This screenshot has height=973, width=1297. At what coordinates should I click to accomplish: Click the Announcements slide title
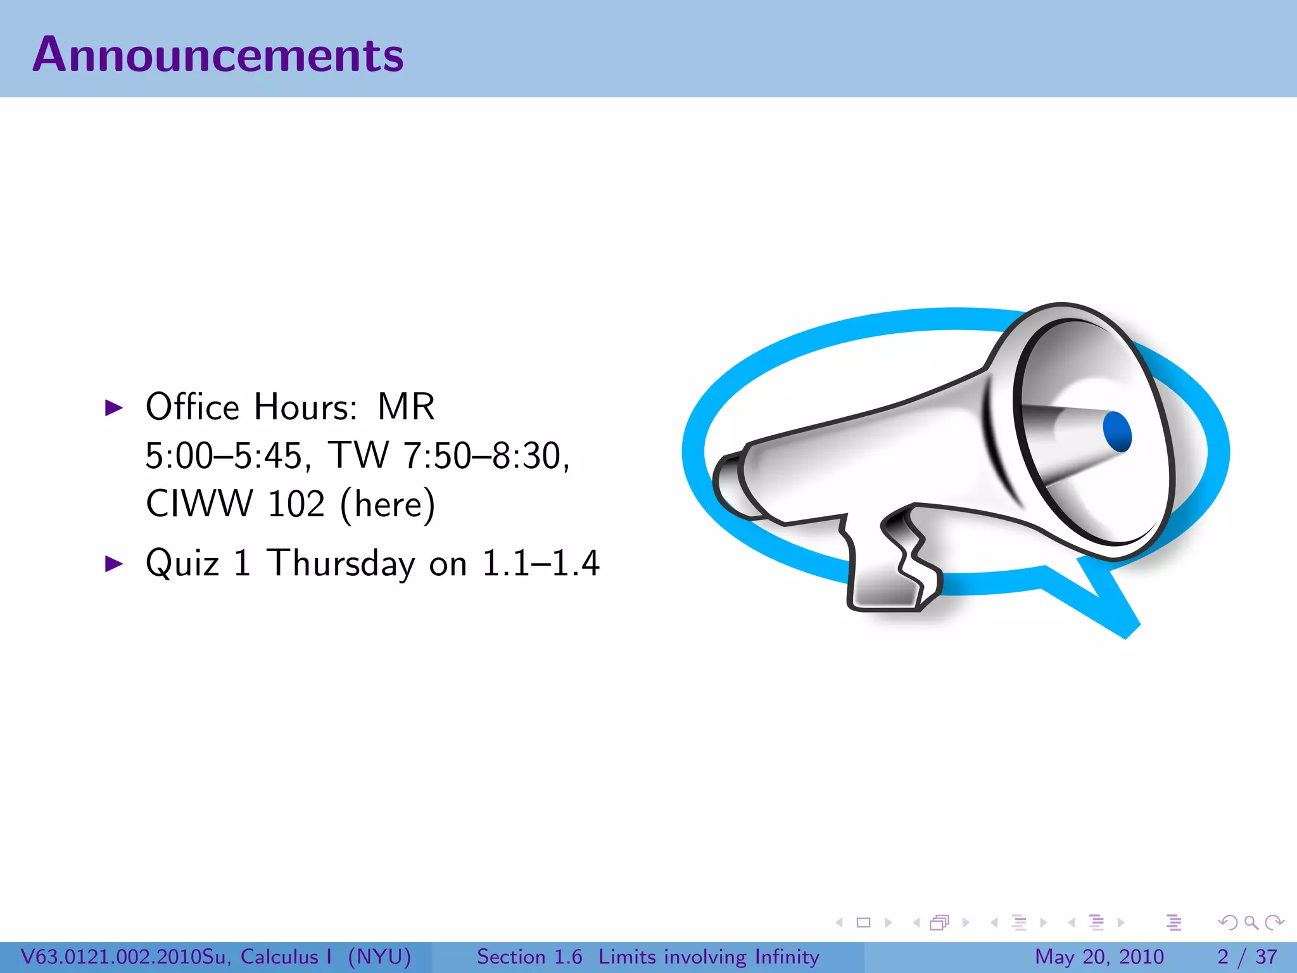(x=218, y=54)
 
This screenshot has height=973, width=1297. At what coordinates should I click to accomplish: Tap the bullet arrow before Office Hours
(x=113, y=407)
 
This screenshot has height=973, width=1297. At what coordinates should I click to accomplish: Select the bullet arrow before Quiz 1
(x=113, y=563)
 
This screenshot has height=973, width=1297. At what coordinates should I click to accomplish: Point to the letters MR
(x=406, y=407)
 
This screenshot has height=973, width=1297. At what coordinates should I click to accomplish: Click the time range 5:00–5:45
(x=223, y=455)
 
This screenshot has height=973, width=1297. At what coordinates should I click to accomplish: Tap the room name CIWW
(x=199, y=504)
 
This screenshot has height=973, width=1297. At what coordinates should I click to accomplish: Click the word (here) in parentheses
(x=388, y=505)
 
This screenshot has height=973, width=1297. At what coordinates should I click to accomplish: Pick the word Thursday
(x=341, y=563)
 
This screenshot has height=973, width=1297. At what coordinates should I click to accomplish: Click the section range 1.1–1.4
(x=540, y=563)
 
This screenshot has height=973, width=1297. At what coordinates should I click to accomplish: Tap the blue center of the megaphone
(x=1117, y=431)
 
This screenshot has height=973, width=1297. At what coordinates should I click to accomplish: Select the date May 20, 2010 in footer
(x=1099, y=957)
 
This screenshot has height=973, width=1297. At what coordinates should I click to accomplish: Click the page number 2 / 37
(x=1247, y=957)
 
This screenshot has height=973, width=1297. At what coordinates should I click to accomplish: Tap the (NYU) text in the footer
(x=379, y=957)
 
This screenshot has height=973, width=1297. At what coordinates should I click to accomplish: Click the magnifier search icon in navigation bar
(x=1251, y=922)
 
